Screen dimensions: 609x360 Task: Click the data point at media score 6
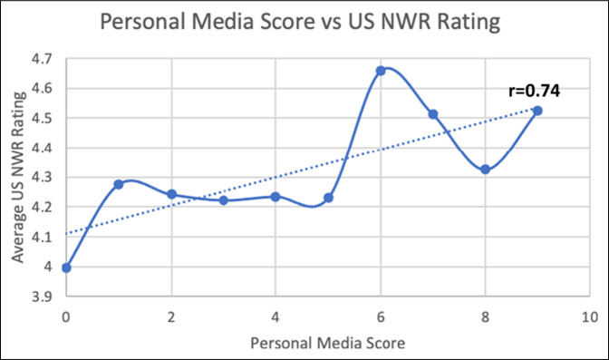tap(381, 71)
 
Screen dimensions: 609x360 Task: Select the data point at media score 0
tap(66, 268)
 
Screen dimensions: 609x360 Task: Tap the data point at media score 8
tap(485, 170)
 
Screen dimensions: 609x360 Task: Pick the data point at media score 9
tap(537, 111)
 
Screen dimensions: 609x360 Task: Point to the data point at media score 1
tap(119, 185)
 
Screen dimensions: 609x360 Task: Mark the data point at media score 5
tap(328, 198)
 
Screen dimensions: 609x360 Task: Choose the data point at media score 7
tap(433, 114)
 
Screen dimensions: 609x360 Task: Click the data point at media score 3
tap(223, 200)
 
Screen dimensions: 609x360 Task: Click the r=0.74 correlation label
tap(534, 91)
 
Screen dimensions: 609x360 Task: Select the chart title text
tap(300, 22)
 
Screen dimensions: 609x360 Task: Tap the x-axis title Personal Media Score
tap(328, 343)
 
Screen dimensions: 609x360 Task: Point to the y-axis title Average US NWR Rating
tap(18, 177)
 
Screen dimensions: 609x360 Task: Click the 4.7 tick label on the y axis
tap(42, 59)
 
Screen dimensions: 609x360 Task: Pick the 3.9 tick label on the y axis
tap(42, 297)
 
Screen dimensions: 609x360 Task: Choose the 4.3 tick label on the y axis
tap(42, 178)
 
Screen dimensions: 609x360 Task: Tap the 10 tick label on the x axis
tap(590, 317)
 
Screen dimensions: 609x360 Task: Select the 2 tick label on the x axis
tap(171, 317)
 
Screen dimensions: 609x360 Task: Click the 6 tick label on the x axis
tap(381, 317)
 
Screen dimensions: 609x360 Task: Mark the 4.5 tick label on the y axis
tap(42, 118)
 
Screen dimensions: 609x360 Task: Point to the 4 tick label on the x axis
tap(275, 317)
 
